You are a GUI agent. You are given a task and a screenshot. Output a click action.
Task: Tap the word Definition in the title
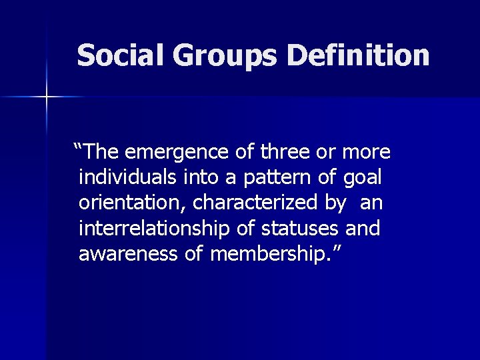coord(358,55)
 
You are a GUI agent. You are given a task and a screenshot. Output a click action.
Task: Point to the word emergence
coord(175,153)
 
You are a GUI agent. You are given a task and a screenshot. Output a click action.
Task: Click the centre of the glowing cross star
coord(47,98)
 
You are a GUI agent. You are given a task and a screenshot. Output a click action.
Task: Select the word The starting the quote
coord(101,152)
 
